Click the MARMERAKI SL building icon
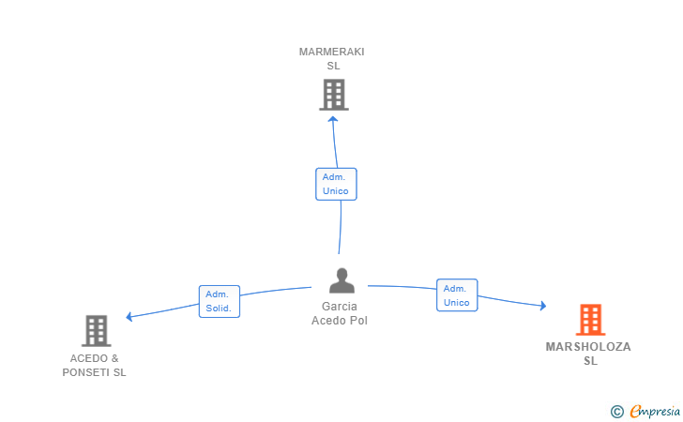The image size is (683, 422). coord(333,95)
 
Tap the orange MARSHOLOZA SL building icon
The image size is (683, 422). coord(589,320)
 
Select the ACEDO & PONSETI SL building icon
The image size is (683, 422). coord(96,330)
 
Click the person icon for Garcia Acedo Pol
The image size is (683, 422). coord(341,280)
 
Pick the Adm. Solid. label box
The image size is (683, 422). coord(220,301)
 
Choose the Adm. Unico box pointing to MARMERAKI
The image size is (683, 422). coord(336,184)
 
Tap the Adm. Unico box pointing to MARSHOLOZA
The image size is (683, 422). coord(457,294)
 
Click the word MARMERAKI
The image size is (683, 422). coord(332,52)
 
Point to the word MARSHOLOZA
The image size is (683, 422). coord(588,347)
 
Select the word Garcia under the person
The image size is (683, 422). coord(340,307)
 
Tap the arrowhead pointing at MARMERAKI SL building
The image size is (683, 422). coord(333,118)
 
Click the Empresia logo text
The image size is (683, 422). coord(655,410)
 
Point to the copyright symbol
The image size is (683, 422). coord(616,411)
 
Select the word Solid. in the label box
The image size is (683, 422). coord(219,308)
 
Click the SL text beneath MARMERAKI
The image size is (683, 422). coord(333,66)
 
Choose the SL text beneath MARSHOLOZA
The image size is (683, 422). coord(589,361)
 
